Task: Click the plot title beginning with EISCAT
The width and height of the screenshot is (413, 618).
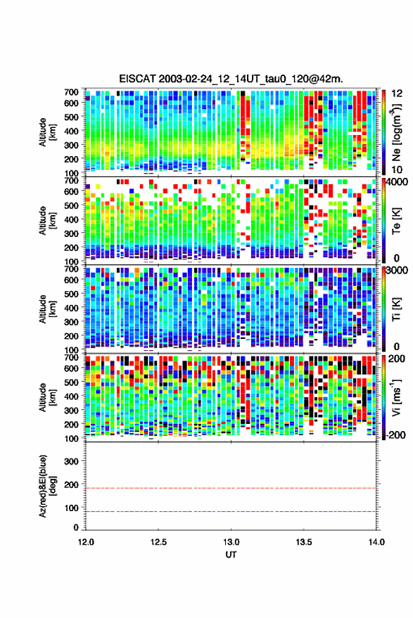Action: point(231,79)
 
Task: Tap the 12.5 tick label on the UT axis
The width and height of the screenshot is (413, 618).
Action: point(158,542)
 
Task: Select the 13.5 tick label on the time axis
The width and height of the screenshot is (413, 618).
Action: point(304,542)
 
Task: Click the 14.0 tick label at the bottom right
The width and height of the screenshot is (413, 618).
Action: point(376,542)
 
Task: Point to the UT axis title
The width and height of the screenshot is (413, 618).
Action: point(231,555)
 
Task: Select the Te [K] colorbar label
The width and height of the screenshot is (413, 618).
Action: point(396,221)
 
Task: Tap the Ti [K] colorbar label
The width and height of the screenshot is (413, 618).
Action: point(396,309)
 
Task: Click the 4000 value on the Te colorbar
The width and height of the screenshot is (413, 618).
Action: point(397,183)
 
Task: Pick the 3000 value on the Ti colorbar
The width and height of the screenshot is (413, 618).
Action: point(397,271)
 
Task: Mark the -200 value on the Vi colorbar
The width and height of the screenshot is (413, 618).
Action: point(395,434)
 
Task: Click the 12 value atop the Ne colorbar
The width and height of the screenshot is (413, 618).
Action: point(397,94)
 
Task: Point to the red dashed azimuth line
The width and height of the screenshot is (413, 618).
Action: point(231,489)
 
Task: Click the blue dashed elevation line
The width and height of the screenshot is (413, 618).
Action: point(231,512)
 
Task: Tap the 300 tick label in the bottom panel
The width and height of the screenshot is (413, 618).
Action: point(71,461)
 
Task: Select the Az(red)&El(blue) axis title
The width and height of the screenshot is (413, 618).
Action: point(48,486)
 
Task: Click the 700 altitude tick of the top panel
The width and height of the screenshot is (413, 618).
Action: point(71,92)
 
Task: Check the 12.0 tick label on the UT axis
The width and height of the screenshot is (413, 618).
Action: point(86,542)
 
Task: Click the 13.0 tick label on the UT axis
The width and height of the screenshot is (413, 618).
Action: point(231,542)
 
